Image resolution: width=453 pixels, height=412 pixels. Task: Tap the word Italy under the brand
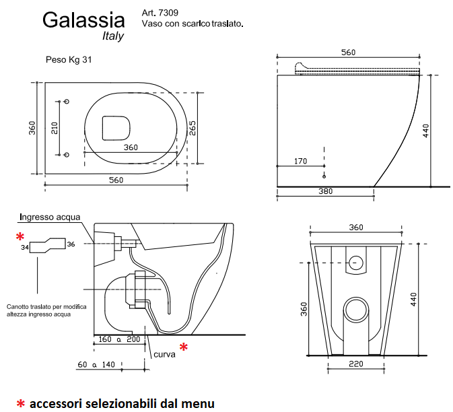pos(113,36)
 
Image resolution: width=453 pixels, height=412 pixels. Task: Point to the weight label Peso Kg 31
pos(68,59)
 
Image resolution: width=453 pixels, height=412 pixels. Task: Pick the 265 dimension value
pos(192,128)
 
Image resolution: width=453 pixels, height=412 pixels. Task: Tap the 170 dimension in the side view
pos(300,162)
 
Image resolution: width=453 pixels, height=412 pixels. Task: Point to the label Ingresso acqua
pos(50,217)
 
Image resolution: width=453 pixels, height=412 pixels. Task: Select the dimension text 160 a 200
pos(119,339)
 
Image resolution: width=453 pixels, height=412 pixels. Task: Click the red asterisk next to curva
pos(182,348)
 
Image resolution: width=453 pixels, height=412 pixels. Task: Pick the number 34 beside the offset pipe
pos(24,248)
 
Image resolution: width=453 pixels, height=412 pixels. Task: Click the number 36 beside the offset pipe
pos(71,244)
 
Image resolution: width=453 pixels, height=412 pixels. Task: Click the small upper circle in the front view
pos(356,261)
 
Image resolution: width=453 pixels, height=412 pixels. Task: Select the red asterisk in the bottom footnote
pos(21,404)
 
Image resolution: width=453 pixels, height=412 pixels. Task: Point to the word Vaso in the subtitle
pos(152,24)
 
